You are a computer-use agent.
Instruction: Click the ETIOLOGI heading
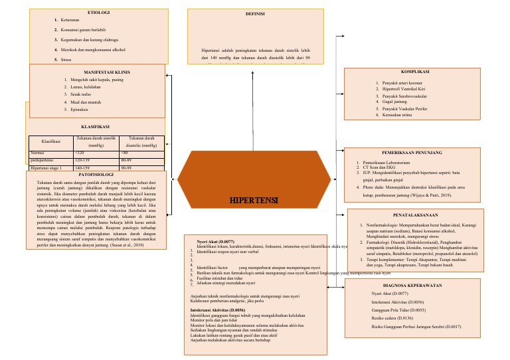tap(100, 13)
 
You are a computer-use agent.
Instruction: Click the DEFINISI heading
tap(255, 13)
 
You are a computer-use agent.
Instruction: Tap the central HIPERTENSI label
tap(255, 200)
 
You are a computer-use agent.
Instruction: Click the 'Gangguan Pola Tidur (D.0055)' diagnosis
tap(398, 310)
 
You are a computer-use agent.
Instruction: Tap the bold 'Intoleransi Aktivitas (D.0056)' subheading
tap(218, 310)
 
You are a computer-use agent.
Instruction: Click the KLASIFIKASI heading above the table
tap(95, 126)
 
